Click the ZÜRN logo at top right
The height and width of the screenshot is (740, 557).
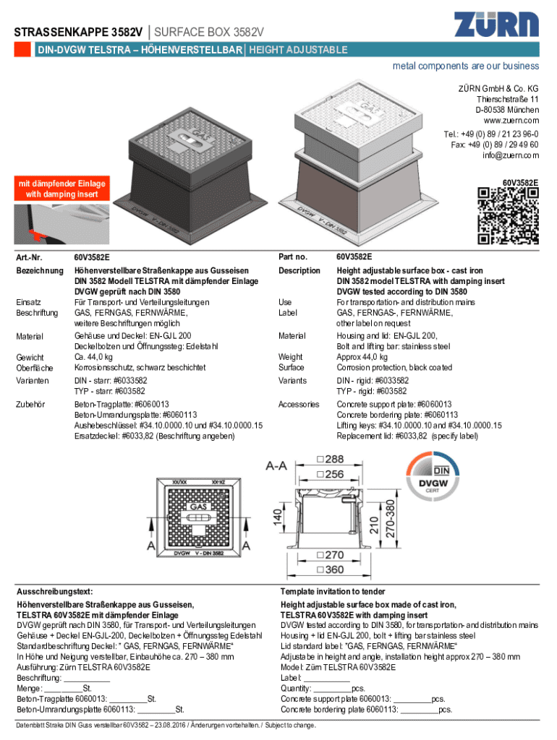pos(496,24)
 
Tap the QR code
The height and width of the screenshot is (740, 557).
pos(508,215)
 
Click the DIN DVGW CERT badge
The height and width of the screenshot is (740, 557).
pos(433,477)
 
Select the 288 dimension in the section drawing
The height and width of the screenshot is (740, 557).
pos(331,459)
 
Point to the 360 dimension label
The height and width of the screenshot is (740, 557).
pos(331,569)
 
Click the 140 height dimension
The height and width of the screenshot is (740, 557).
pos(278,516)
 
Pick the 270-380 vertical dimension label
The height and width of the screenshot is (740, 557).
pos(390,519)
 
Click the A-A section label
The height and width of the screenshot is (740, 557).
pos(276,466)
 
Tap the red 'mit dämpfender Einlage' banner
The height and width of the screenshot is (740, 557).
pos(62,189)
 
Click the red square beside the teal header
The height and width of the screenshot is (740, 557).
pos(22,50)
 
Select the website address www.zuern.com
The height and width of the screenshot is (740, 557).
pos(511,121)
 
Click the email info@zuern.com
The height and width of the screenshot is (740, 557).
pos(511,155)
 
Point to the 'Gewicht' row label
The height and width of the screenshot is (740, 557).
pos(30,357)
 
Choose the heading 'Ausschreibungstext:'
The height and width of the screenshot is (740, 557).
pos(55,591)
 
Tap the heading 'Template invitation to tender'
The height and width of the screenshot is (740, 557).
pos(333,591)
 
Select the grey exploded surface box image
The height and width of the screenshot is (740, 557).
pos(357,160)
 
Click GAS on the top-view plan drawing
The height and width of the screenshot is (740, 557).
pos(198,507)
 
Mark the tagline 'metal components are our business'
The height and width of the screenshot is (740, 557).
pos(466,66)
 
